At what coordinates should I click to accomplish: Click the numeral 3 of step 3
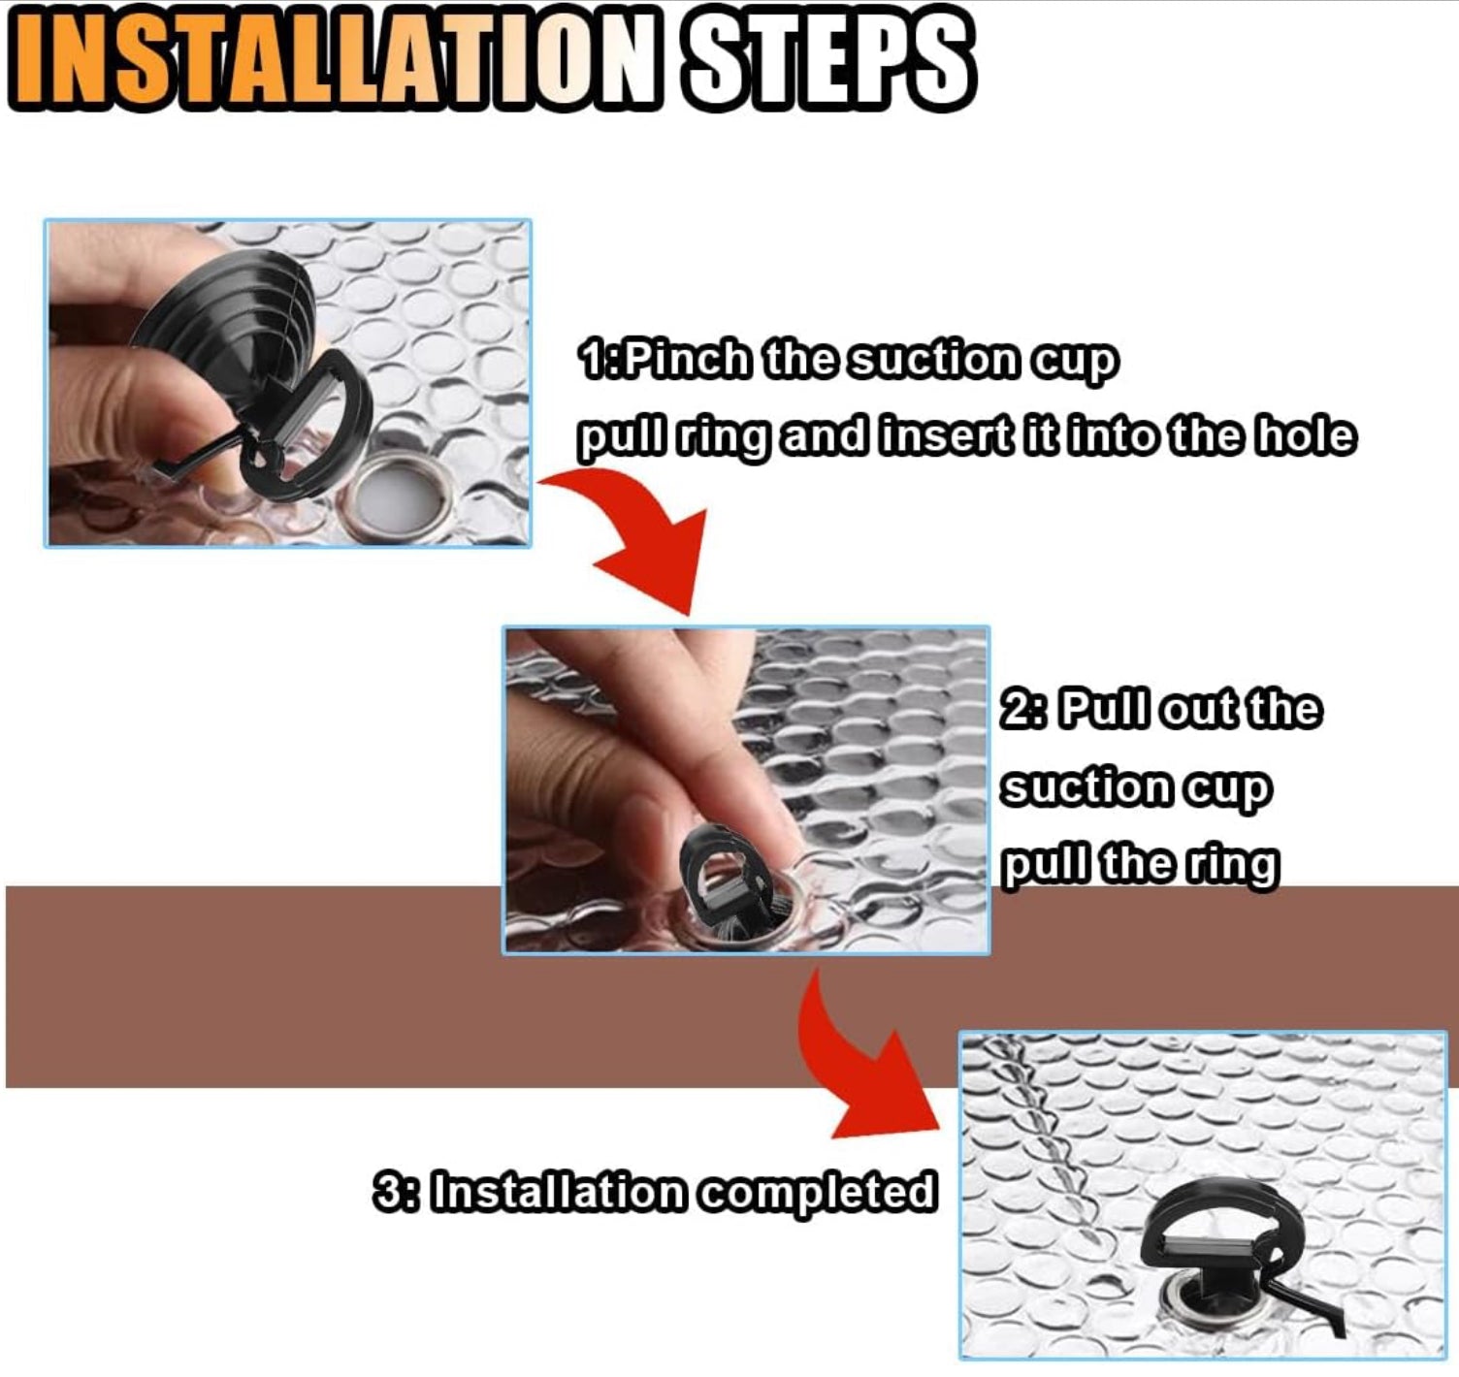[387, 1191]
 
